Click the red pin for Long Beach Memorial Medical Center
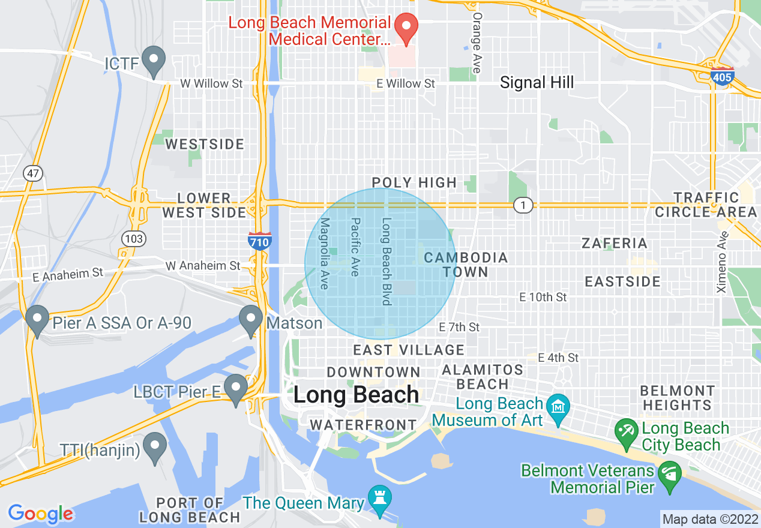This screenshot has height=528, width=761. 406,27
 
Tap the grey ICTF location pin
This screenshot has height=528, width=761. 155,61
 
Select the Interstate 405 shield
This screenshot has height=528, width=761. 721,77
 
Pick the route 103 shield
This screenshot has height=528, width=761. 133,239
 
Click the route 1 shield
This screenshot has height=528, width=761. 523,206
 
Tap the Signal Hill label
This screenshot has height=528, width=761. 537,83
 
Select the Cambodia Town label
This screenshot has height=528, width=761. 466,265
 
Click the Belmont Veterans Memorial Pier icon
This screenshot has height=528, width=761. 667,474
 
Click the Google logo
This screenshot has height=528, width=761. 40,514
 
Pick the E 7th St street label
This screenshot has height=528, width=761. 459,327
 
